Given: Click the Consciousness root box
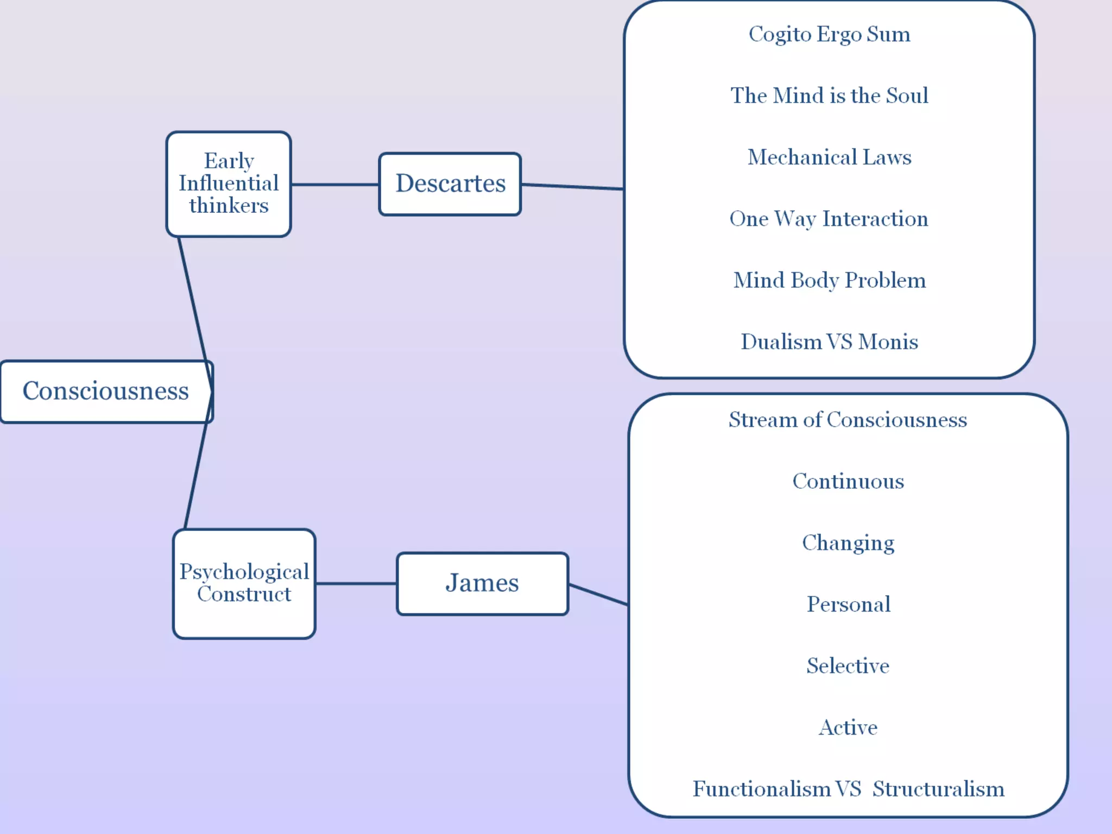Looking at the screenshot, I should pos(106,391).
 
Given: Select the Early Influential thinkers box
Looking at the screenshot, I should pos(229,184).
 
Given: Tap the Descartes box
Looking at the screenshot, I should pos(450,184).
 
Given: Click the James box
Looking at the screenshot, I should pos(482,583).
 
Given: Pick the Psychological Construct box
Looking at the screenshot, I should pos(244,583).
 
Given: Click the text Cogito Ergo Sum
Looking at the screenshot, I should pos(829,34).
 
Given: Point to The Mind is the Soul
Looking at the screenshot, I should pos(829,96).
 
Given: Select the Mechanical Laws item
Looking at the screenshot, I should pos(829,157).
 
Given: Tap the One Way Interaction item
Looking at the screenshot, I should pos(829,219).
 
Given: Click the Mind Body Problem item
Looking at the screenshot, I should pos(829,280).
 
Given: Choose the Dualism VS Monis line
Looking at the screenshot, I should pos(829,342).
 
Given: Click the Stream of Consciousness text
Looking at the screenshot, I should pos(848,420).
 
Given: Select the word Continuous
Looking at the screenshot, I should pos(848,481).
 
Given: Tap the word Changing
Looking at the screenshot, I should pos(848,543).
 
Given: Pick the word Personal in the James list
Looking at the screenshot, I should pos(848,604).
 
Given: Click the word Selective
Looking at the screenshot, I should pos(848,666).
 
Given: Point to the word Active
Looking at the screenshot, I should pos(848,728).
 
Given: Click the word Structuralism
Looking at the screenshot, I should pos(938,789).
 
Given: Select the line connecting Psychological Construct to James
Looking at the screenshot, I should pos(356,584).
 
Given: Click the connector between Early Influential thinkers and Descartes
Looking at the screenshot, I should pos(335,185).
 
